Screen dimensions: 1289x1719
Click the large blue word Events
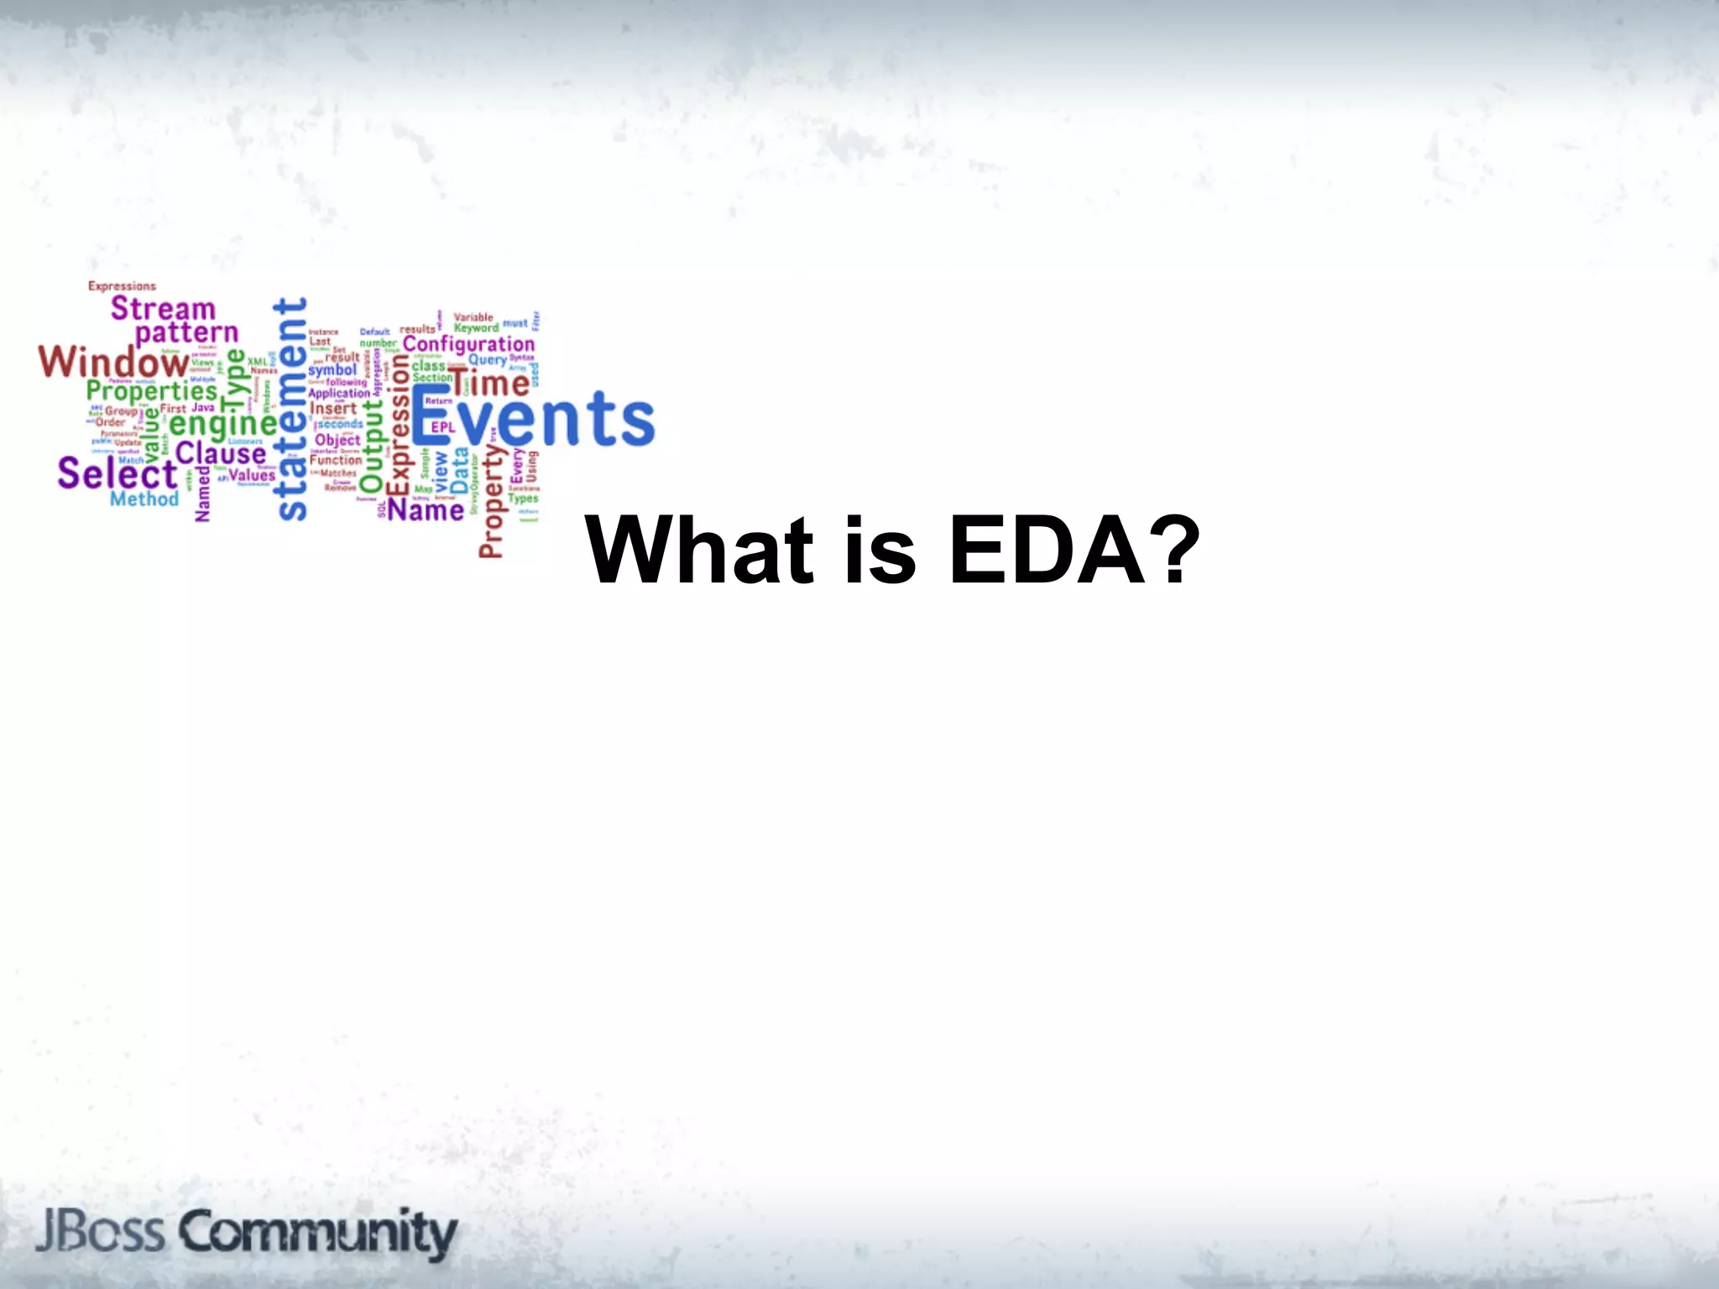click(533, 418)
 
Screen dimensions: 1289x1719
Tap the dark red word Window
click(113, 362)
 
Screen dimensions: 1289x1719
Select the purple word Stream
click(163, 308)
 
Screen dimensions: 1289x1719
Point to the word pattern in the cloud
click(186, 334)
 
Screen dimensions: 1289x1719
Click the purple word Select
click(117, 473)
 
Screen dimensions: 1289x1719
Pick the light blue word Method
click(144, 499)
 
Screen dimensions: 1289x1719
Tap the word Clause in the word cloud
click(220, 454)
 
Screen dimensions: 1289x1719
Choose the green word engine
click(222, 424)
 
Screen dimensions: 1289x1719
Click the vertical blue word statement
click(291, 409)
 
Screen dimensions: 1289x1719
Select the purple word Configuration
click(468, 345)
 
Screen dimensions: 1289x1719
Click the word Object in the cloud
click(337, 440)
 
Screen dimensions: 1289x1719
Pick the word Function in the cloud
click(336, 460)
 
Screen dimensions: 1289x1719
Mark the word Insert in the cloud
click(333, 409)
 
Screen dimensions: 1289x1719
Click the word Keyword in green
click(476, 328)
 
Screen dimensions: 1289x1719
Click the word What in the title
click(700, 551)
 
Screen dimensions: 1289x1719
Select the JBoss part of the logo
click(99, 1232)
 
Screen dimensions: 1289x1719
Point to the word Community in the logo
click(317, 1232)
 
